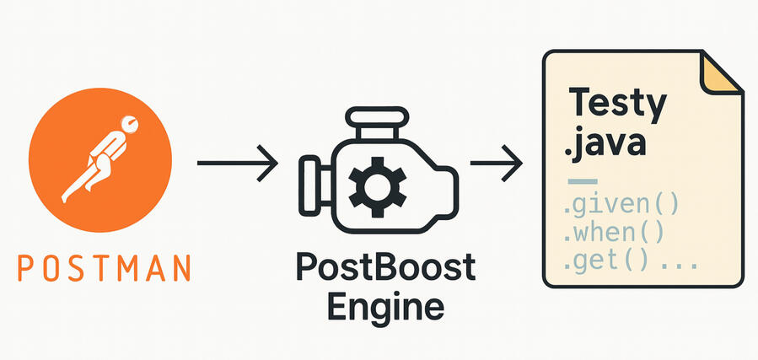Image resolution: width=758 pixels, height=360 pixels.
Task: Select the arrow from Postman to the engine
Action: [x=236, y=161]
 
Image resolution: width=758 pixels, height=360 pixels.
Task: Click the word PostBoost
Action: [x=384, y=270]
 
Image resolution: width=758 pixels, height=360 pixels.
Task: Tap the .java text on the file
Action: [x=605, y=142]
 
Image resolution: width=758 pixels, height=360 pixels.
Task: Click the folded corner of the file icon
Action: [x=721, y=72]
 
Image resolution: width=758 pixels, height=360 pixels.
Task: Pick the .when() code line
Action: [x=615, y=231]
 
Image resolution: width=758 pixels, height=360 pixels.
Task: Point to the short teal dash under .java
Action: [x=583, y=181]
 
